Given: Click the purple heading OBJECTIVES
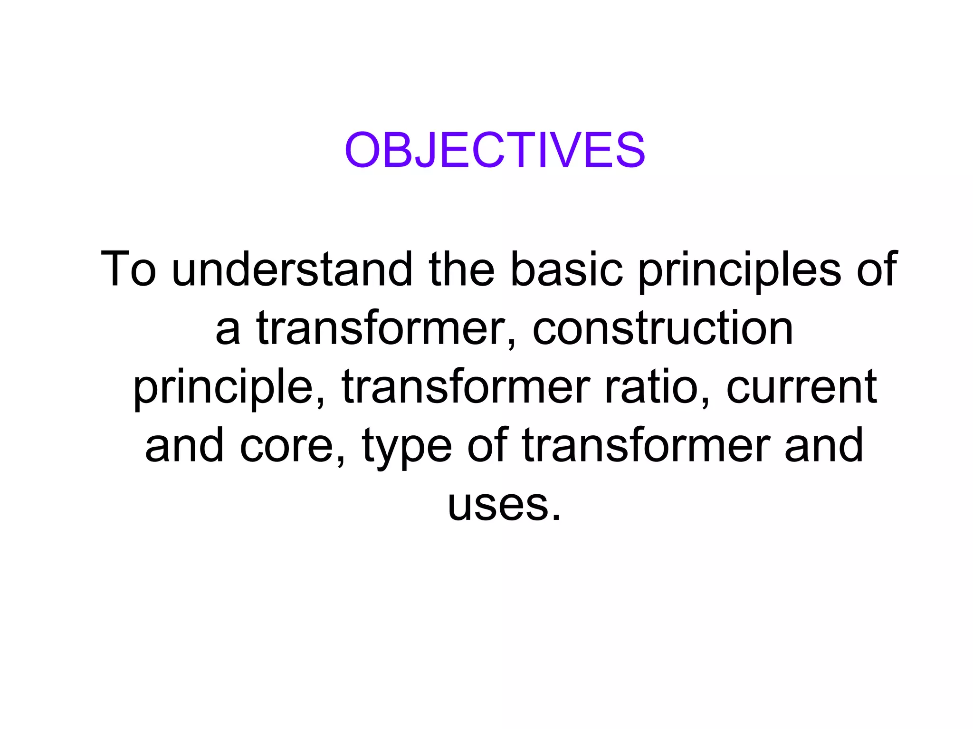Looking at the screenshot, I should tap(495, 150).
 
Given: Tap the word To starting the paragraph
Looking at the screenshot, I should tap(128, 269).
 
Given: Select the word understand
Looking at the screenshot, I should tap(292, 269).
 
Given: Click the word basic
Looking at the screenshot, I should tap(566, 269).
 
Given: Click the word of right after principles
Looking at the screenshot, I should tap(877, 269).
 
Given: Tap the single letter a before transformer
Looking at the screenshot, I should tap(227, 329).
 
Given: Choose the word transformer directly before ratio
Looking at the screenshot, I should tap(466, 387).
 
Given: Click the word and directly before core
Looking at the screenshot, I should tap(184, 446).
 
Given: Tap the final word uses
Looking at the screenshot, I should tap(504, 505).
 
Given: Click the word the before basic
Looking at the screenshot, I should tap(461, 269).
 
